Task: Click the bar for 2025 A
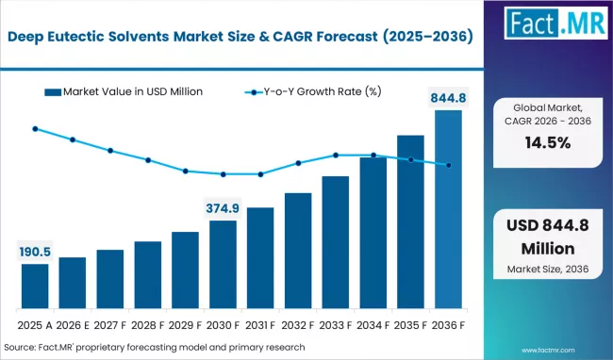(x=35, y=287)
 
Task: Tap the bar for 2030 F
(x=223, y=266)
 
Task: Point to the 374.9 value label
(x=223, y=208)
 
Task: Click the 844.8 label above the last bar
(x=448, y=97)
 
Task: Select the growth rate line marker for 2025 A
(x=35, y=128)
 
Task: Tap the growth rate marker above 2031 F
(x=260, y=174)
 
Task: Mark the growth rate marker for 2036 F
(x=448, y=165)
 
